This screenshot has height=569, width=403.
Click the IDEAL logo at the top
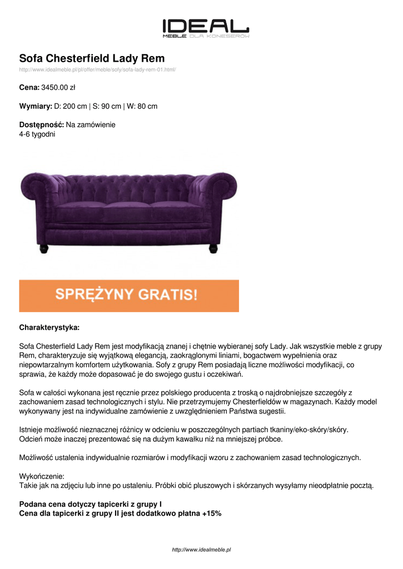click(x=205, y=28)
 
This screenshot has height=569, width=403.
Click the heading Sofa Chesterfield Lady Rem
click(x=92, y=58)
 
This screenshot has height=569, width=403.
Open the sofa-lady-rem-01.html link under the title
click(x=97, y=69)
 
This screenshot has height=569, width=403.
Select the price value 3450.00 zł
click(x=58, y=87)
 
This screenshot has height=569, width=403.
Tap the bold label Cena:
click(x=29, y=87)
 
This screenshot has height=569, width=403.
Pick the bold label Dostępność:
click(x=42, y=124)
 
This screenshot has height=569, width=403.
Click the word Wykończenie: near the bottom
click(x=42, y=476)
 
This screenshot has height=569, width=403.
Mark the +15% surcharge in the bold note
click(x=212, y=513)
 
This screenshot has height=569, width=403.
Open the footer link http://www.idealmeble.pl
click(x=201, y=550)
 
